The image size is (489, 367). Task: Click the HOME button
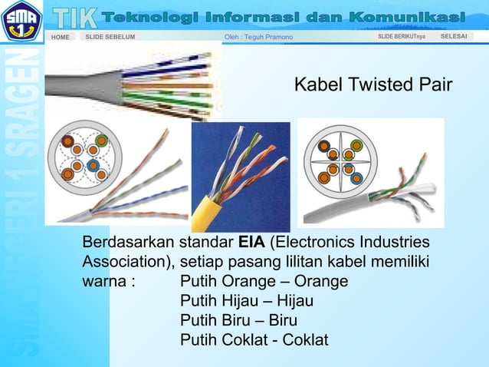point(61,37)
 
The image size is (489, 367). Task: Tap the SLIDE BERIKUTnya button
point(402,36)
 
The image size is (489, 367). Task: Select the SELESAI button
point(455,36)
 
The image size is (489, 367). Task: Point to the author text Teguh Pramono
point(257,37)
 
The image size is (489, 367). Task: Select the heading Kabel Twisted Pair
point(373,84)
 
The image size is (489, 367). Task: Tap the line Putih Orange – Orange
point(264,280)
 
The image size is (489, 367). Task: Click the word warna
point(104,280)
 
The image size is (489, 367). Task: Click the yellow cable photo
point(240,177)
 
